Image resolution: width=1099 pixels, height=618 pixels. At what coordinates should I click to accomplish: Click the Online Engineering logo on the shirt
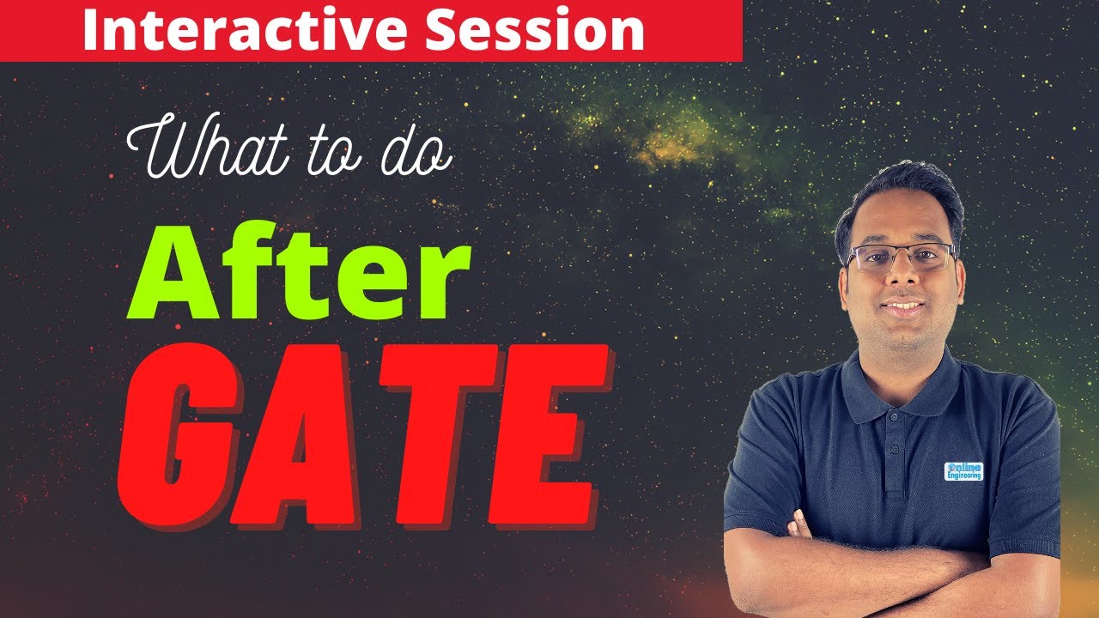[x=963, y=470]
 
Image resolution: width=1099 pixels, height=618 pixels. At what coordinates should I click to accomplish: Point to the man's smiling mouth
[x=902, y=306]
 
